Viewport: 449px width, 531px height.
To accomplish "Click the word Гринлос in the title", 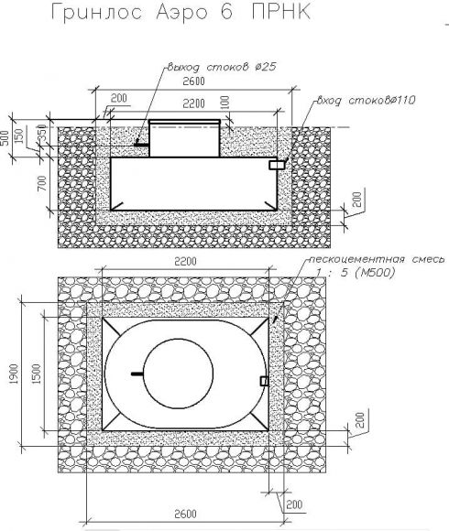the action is [x=96, y=13].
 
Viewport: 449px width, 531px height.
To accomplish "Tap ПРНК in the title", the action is [x=281, y=12].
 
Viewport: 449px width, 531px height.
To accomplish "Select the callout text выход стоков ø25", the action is [x=222, y=67].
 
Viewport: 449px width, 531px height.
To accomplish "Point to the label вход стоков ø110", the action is [x=366, y=100].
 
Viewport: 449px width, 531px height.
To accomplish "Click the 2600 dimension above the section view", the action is [x=193, y=81].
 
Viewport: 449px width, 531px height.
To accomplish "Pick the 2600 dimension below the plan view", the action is [x=185, y=514].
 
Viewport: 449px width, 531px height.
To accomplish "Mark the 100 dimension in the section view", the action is [x=225, y=103].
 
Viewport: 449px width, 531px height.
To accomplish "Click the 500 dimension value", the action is [x=5, y=138].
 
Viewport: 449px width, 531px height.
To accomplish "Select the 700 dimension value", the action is [x=42, y=183].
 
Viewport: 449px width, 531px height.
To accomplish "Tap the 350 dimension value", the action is [x=41, y=135].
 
